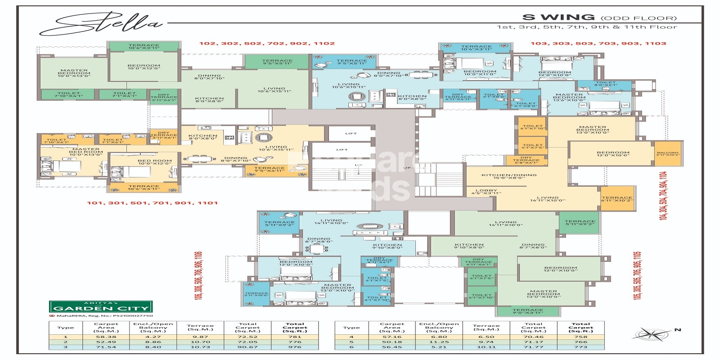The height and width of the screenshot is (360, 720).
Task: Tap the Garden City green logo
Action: pyautogui.click(x=100, y=307)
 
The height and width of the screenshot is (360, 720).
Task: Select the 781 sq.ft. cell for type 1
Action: pyautogui.click(x=295, y=337)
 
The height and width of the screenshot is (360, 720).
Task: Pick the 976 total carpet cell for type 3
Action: pyautogui.click(x=295, y=347)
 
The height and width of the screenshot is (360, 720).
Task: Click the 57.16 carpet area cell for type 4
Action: pyautogui.click(x=391, y=337)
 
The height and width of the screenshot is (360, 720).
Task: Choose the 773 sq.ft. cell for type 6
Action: pyautogui.click(x=580, y=347)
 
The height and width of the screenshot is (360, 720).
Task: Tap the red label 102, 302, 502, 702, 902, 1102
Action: pyautogui.click(x=267, y=44)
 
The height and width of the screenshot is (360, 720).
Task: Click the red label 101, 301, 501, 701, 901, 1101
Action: pyautogui.click(x=152, y=203)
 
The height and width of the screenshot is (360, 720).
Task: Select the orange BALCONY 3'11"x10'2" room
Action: pyautogui.click(x=667, y=154)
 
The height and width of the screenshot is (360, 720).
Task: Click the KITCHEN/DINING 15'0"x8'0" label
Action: pyautogui.click(x=509, y=176)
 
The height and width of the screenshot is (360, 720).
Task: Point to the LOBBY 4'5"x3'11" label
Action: pyautogui.click(x=486, y=192)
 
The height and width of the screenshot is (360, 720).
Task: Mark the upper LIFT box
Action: pyautogui.click(x=351, y=134)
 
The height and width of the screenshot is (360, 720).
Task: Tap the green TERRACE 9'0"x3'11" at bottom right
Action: pyautogui.click(x=527, y=310)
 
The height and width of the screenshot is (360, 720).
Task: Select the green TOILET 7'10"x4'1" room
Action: pyautogui.click(x=68, y=94)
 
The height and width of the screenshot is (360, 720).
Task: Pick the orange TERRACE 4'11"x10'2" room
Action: pyautogui.click(x=617, y=198)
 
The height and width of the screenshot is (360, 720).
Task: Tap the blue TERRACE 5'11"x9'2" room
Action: pyautogui.click(x=279, y=223)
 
